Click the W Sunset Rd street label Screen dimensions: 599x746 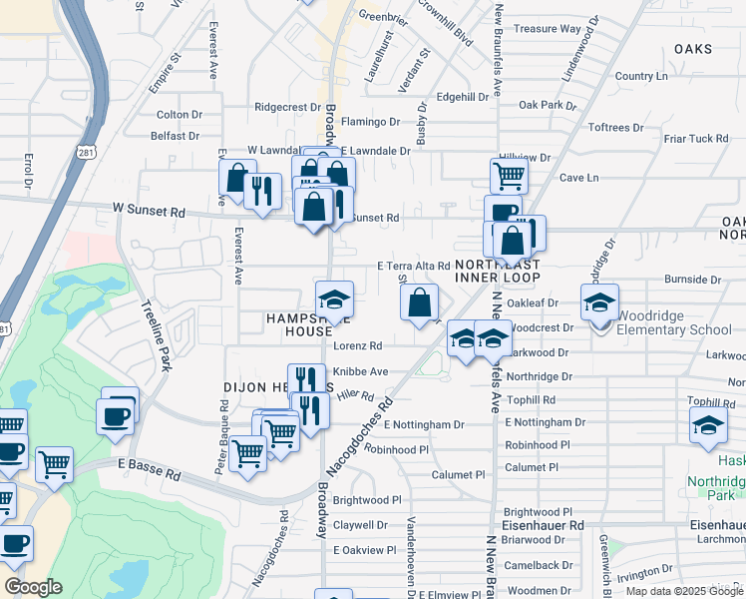pos(149,212)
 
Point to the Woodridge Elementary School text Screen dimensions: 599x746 pos(674,329)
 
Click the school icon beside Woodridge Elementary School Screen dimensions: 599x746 pos(599,301)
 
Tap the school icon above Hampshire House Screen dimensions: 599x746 pos(335,299)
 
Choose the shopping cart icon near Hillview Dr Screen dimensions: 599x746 pos(509,176)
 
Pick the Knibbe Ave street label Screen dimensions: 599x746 pos(360,371)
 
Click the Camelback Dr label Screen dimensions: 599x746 pos(538,565)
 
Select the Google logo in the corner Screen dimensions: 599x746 pos(34,587)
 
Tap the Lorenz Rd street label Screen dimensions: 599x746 pos(358,346)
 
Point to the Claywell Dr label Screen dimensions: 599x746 pos(360,524)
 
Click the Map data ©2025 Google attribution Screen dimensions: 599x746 pos(684,591)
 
